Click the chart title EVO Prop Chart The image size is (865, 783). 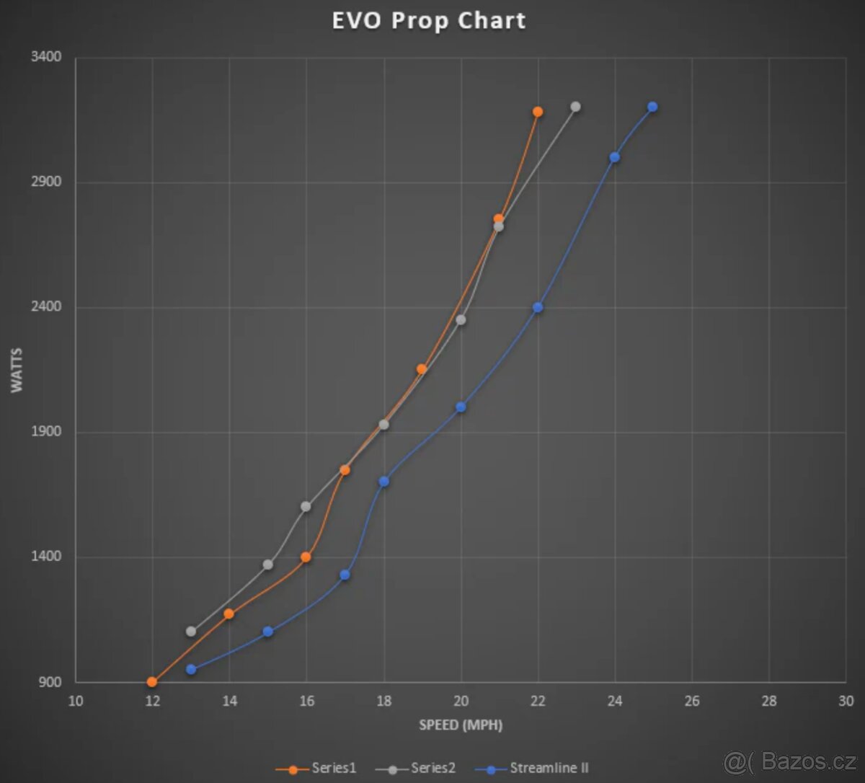click(x=429, y=20)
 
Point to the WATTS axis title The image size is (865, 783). click(x=17, y=370)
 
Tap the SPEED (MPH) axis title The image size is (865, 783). click(x=461, y=725)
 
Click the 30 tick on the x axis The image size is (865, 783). click(x=846, y=702)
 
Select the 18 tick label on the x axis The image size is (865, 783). click(x=383, y=702)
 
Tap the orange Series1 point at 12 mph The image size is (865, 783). click(x=152, y=681)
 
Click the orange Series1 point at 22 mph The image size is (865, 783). click(x=538, y=112)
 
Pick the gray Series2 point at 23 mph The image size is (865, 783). click(x=575, y=107)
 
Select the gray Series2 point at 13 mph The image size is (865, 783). click(x=191, y=631)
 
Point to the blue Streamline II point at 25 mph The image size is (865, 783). click(x=652, y=107)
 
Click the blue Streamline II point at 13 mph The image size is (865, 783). click(x=191, y=669)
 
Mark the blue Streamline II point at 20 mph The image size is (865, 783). click(x=461, y=407)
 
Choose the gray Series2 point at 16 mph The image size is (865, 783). click(x=306, y=506)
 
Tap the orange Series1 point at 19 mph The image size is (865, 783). click(x=422, y=368)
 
